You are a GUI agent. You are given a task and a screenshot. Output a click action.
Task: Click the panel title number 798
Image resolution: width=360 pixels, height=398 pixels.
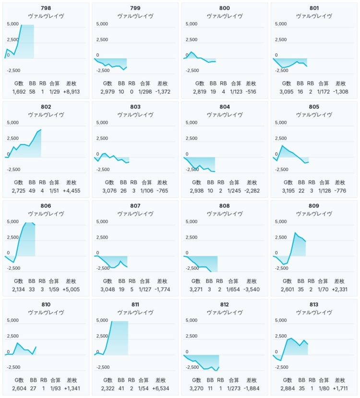coord(46,8)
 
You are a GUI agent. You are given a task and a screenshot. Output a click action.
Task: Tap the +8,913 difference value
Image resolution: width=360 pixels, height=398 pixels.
coord(71,91)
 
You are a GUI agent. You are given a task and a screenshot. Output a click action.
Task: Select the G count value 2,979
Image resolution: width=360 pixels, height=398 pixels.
coord(108,91)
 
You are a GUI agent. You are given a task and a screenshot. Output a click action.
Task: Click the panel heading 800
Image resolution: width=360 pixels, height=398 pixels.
coord(225,8)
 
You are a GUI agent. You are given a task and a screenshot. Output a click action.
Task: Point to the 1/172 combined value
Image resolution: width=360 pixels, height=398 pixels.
coord(324,91)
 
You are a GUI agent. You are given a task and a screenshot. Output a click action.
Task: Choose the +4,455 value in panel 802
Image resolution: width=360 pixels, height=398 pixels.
coord(71,190)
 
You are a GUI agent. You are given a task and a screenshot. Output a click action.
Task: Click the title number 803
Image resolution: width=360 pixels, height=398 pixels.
coord(135,107)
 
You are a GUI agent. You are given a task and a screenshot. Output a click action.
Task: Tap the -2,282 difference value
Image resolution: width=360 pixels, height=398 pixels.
coord(250,190)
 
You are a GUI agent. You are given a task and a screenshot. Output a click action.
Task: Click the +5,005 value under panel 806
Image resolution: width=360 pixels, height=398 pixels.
coord(71,289)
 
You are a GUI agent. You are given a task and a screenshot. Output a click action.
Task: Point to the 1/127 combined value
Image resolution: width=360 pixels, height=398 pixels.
coord(145,289)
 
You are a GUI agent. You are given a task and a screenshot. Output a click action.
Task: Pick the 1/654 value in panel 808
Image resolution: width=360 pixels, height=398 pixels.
coord(234,289)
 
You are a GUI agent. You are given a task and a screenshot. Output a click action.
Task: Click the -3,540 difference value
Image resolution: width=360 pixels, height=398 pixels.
coord(250,289)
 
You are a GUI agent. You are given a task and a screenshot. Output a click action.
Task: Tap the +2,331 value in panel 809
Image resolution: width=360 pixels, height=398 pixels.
coord(339,289)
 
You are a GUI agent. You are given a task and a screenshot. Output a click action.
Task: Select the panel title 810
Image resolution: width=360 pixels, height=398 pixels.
coord(46,304)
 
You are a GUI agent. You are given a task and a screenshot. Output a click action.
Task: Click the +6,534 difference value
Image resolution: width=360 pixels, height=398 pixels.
coord(160,388)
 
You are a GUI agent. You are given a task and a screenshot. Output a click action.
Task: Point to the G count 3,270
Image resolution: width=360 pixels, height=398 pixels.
coord(198,388)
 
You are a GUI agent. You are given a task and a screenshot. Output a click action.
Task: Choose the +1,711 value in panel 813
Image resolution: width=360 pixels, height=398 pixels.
coord(339,388)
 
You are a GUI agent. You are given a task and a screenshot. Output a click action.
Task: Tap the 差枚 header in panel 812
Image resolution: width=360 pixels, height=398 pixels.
coord(250,380)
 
